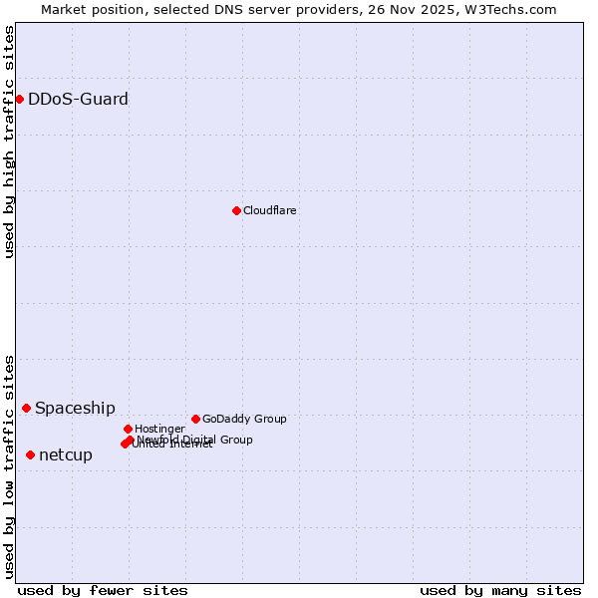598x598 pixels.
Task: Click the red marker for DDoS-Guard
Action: (19, 99)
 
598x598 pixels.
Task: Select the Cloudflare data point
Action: (236, 210)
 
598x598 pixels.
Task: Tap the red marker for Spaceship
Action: (26, 408)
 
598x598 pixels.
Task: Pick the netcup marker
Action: (30, 454)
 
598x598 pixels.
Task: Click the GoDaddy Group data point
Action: (195, 419)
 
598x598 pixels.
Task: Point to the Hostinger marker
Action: (128, 429)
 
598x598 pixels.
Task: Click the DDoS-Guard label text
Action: (78, 99)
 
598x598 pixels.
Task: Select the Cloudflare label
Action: (270, 210)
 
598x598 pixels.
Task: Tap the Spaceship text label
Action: (75, 408)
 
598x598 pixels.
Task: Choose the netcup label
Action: (66, 454)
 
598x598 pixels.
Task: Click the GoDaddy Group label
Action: (244, 419)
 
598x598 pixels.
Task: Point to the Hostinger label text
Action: (159, 429)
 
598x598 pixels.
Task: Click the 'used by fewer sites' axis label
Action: (103, 590)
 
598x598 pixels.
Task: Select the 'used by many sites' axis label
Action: (500, 590)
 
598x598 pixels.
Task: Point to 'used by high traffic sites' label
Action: (9, 142)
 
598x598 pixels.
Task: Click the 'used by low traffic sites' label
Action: (9, 465)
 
